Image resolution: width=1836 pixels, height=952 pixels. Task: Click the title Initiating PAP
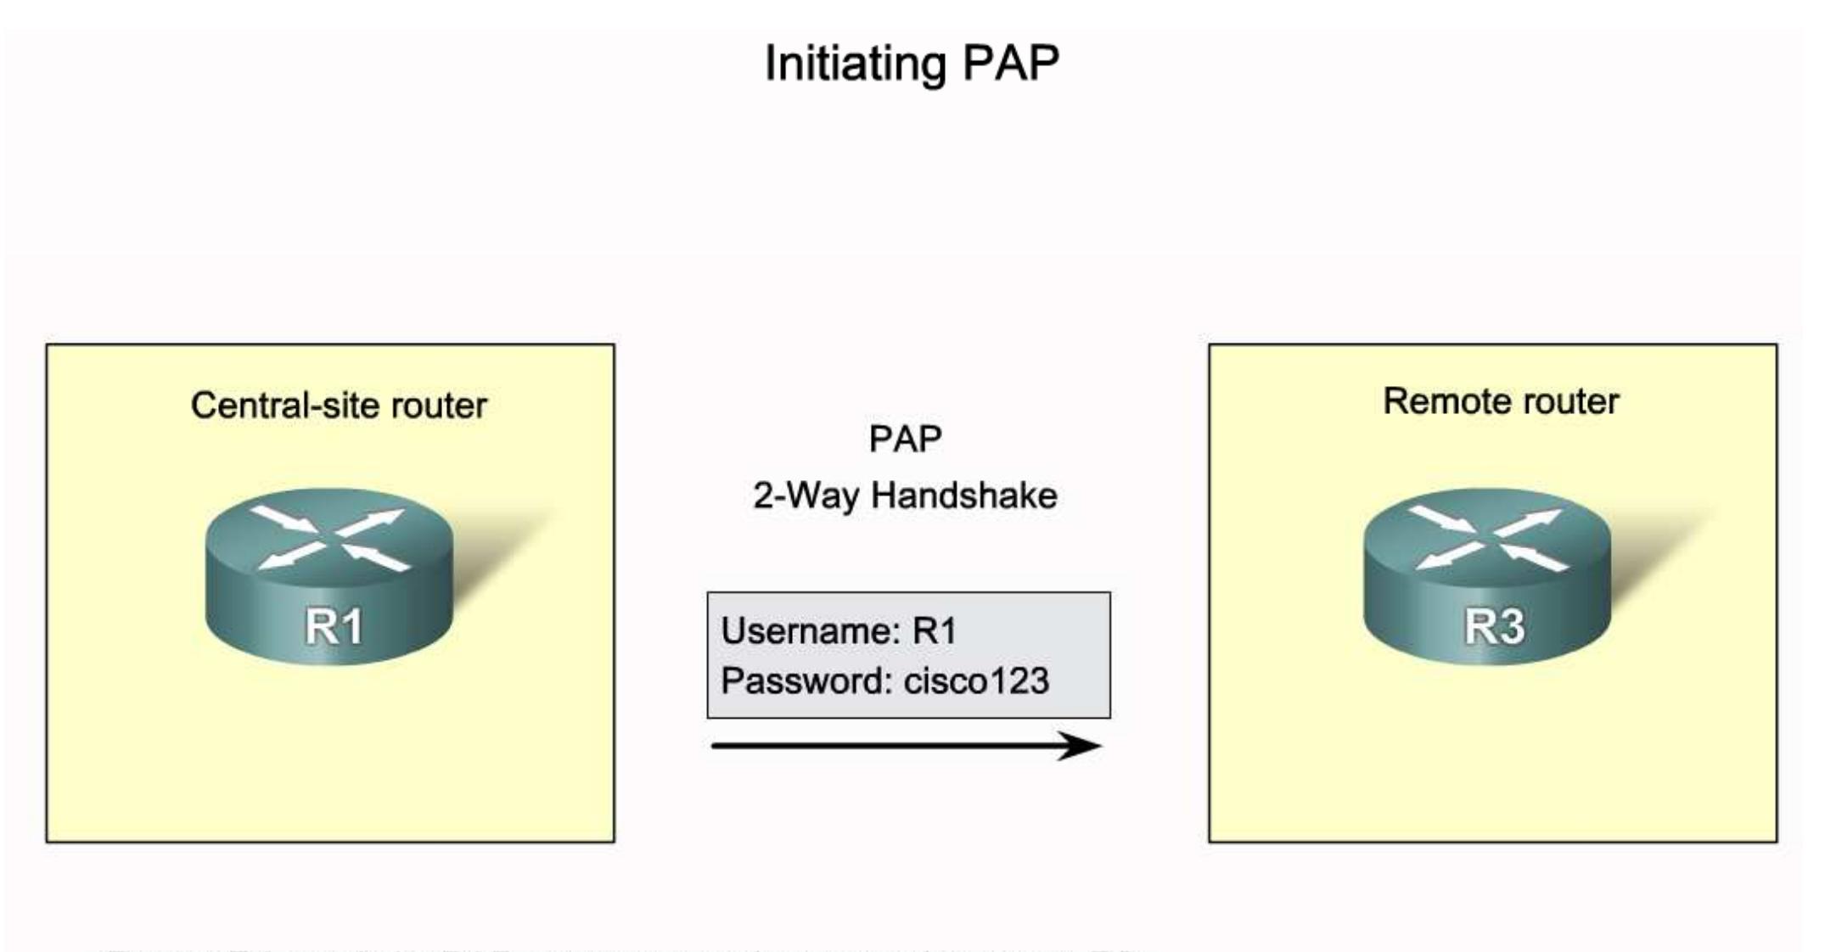coord(912,64)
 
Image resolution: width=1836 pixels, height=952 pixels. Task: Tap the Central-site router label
coord(338,406)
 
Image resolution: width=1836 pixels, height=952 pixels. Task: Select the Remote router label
coord(1501,401)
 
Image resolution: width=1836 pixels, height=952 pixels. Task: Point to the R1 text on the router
coord(334,628)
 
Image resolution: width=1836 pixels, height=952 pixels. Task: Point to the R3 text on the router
coord(1495,628)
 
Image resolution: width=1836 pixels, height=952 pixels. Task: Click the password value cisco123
coord(976,681)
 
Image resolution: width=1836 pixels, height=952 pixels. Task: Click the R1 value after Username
coord(935,631)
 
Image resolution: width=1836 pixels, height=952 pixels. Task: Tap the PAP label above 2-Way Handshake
coord(905,440)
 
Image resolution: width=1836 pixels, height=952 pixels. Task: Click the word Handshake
coord(964,496)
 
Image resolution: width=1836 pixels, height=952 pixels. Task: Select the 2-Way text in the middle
coord(806,496)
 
